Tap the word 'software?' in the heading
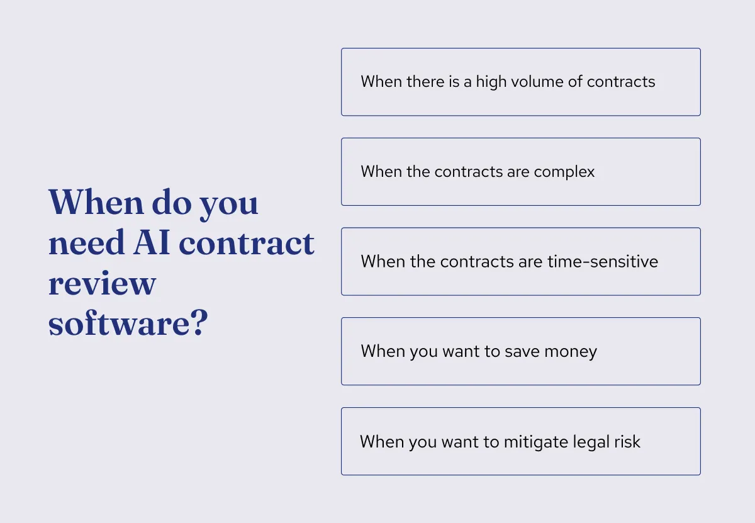tap(128, 324)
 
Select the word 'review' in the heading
tap(101, 284)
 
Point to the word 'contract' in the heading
tap(246, 243)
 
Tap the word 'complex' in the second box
tap(565, 172)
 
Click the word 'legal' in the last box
tap(590, 442)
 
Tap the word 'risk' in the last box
tap(627, 442)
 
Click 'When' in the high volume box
tap(379, 82)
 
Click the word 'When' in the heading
tap(96, 203)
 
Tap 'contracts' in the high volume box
tap(621, 82)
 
